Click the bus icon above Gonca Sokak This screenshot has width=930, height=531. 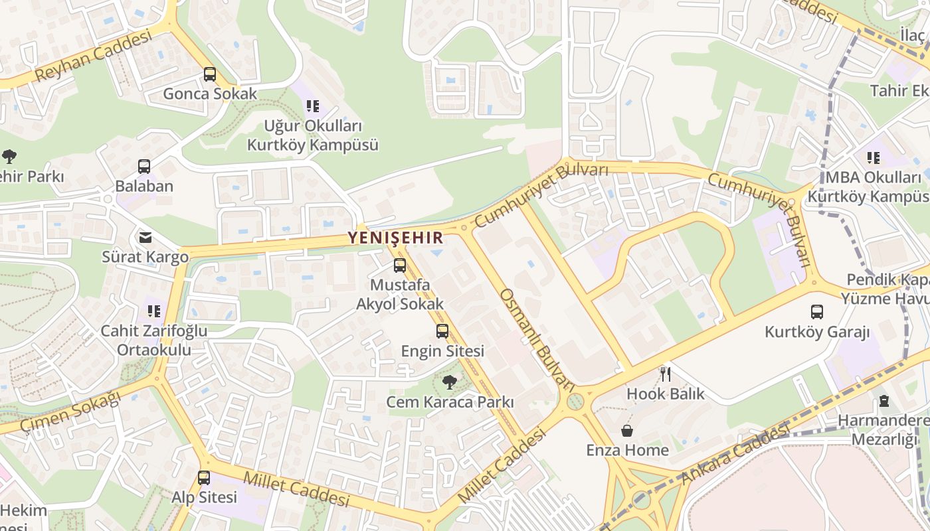coord(210,74)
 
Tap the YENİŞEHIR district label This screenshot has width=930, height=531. coord(396,238)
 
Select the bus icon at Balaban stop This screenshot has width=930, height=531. coord(144,167)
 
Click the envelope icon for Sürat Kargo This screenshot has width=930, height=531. coord(145,237)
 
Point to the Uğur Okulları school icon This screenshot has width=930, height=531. coord(313,106)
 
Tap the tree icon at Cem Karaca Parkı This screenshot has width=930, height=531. coord(450,382)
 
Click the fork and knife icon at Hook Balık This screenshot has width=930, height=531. coord(666,374)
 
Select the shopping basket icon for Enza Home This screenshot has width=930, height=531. coord(627,431)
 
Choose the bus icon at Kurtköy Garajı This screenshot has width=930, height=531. coord(817,312)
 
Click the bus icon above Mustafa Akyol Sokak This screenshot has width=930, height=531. coord(400,265)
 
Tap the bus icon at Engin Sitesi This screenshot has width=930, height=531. coord(442,331)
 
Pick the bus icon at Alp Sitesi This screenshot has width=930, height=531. coord(204,477)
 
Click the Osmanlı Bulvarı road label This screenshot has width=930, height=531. coord(537,339)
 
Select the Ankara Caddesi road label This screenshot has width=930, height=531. coord(734,457)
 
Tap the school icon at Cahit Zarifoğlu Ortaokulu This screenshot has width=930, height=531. coord(154,311)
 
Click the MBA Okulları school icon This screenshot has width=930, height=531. coord(873,158)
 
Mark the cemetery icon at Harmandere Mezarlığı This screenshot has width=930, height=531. coord(884,401)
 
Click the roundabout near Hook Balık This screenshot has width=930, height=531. coord(575,402)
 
